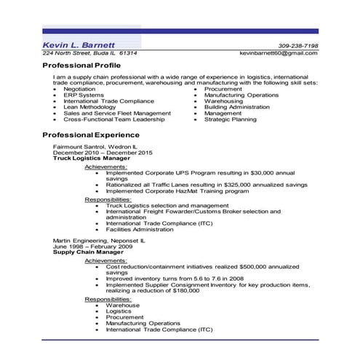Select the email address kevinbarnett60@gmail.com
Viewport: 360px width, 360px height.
(279, 54)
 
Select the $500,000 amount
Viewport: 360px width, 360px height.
(267, 266)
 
